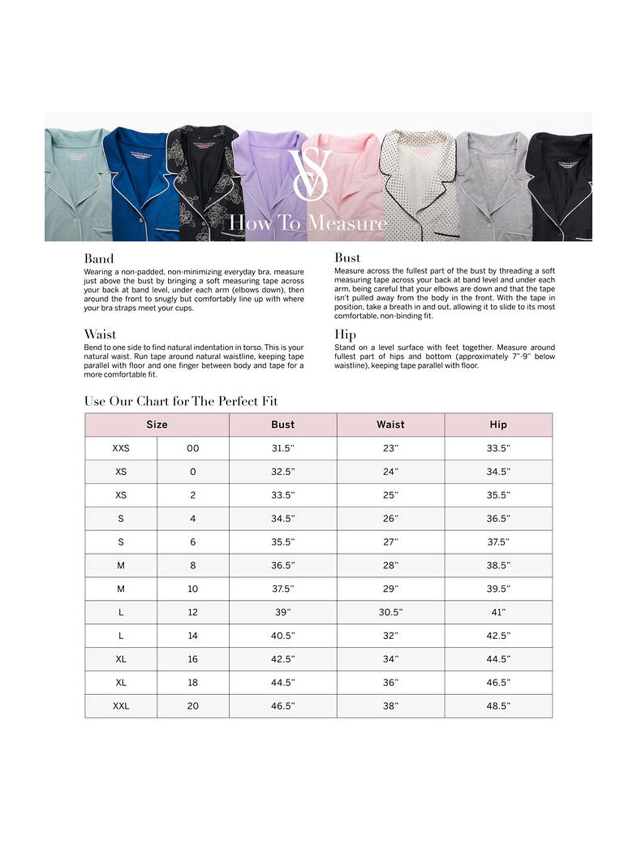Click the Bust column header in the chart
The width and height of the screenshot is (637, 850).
pos(283,425)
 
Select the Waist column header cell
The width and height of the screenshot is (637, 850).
pos(391,425)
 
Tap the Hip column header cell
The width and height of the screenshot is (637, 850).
pos(498,425)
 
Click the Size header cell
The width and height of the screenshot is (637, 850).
pos(157,425)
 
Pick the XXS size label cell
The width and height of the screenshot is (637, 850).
pos(121,448)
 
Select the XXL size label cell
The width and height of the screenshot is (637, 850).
pos(121,706)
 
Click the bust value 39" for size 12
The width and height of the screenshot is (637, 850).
pos(283,612)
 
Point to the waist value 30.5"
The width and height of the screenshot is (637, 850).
pos(391,612)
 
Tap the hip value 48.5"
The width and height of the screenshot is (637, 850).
pos(498,706)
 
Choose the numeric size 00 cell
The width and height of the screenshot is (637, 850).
pos(193,448)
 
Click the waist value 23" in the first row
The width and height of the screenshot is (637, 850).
pos(391,448)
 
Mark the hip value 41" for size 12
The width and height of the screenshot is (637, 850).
pos(498,612)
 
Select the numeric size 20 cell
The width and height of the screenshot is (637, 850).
pos(193,706)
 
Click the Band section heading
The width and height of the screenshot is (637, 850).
pos(99,259)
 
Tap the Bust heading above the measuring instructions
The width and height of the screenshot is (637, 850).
pos(347,258)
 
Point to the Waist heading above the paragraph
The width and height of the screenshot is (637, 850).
pos(100,334)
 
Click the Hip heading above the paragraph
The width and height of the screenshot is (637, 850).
pos(345,334)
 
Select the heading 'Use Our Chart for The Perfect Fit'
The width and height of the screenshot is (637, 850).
pos(181,401)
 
